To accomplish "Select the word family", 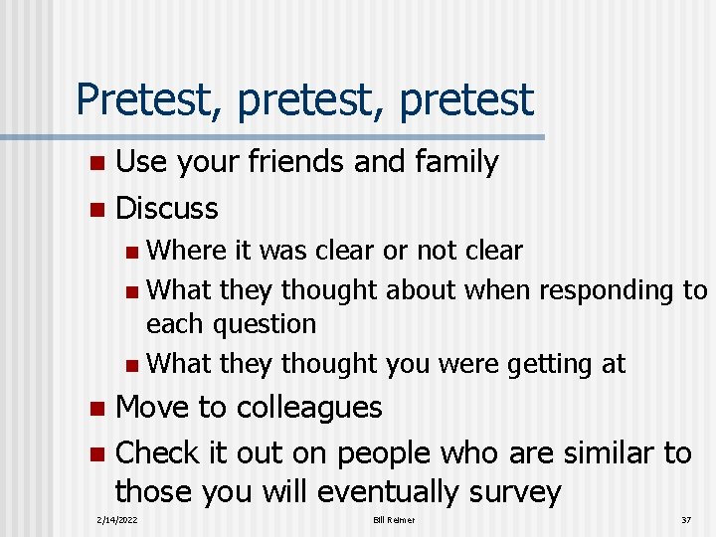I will click(x=448, y=161).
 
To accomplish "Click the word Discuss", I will click(x=167, y=208).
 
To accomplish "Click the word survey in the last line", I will click(x=512, y=492).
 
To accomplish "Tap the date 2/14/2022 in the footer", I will click(x=117, y=520).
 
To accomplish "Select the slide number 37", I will click(x=685, y=520).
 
